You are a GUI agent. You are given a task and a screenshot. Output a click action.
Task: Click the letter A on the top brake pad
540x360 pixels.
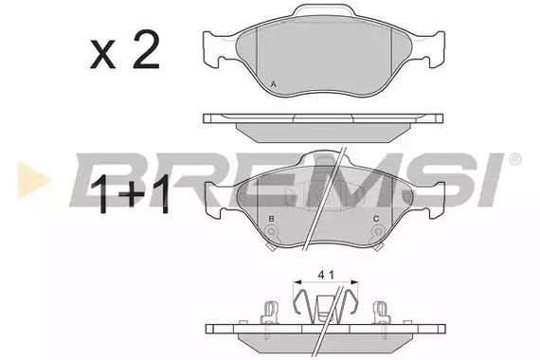pyautogui.click(x=274, y=84)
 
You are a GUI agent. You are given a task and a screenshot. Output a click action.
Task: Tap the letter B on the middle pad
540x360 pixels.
pyautogui.click(x=272, y=220)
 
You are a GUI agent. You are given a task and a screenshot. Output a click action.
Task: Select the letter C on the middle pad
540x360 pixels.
pyautogui.click(x=376, y=220)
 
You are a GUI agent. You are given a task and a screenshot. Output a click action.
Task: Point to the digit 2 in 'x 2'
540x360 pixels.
pyautogui.click(x=144, y=54)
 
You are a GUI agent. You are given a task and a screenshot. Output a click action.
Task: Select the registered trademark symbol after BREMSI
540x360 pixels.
pyautogui.click(x=514, y=158)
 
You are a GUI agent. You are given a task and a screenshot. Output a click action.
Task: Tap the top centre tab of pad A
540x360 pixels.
pyautogui.click(x=323, y=13)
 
